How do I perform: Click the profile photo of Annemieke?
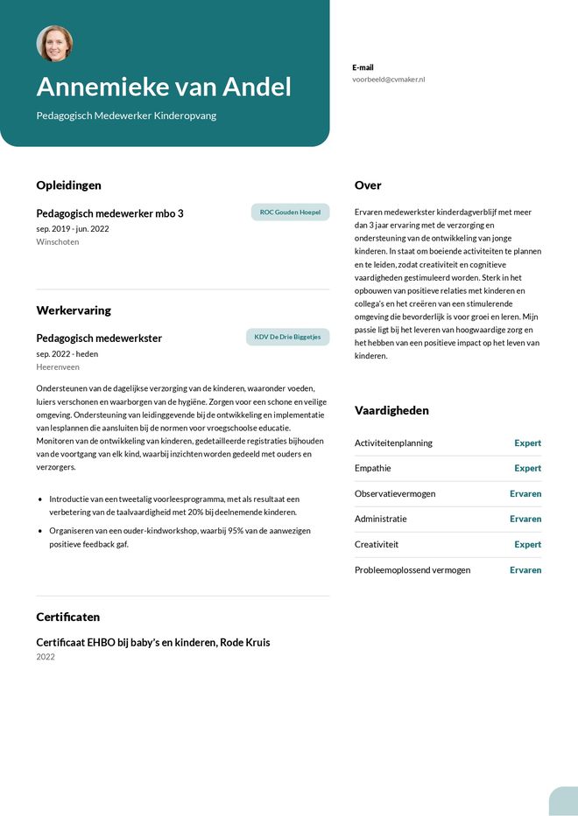54,44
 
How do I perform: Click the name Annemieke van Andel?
164,87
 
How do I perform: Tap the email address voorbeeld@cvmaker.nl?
388,80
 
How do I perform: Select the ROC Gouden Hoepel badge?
290,213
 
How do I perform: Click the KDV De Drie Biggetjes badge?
287,337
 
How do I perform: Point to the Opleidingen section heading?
68,185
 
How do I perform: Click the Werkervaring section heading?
74,310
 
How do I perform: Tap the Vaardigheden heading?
391,410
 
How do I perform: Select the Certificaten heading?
68,617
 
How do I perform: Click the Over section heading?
368,185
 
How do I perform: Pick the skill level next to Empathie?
527,469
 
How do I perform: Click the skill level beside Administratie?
525,520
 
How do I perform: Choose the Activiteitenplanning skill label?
393,443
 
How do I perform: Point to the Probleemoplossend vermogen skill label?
412,570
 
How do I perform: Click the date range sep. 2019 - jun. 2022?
73,229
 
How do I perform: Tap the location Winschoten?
58,242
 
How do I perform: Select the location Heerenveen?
58,367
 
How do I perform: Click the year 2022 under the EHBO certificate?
46,657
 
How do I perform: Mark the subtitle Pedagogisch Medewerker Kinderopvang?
126,115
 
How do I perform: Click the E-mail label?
363,67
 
